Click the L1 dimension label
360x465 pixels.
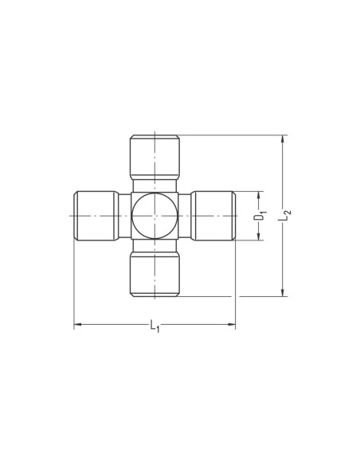(155, 326)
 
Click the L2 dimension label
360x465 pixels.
(284, 215)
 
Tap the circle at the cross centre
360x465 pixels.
(155, 216)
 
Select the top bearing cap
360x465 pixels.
(155, 157)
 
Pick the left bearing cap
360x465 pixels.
(96, 216)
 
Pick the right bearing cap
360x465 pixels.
(213, 216)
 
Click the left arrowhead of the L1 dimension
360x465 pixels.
(77, 324)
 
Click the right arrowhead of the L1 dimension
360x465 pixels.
(232, 324)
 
